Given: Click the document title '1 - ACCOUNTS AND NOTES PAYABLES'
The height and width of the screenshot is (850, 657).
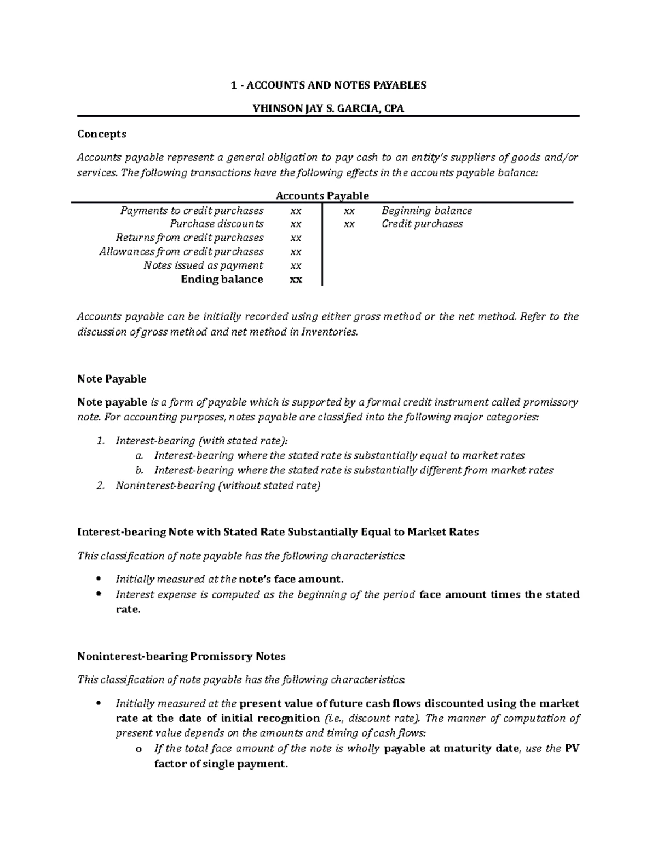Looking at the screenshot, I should coord(328,85).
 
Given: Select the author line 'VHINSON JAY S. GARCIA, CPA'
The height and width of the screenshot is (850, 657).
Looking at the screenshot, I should coord(328,108).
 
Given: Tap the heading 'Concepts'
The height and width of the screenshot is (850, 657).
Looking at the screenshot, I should coord(102,134).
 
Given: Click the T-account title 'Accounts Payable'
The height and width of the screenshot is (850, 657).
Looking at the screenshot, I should coord(322,195).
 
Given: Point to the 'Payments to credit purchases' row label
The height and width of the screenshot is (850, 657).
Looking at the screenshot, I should coord(192,211).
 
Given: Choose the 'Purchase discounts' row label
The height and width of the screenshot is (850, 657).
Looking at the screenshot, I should coord(216,224).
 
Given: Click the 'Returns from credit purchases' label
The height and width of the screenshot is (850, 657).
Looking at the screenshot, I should coord(189,238).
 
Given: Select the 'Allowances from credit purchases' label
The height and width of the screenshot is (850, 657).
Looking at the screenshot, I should coord(181,252).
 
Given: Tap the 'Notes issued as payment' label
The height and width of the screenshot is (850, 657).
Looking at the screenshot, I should coord(203,265).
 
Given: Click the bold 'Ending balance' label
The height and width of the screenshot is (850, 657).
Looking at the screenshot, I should coord(222,280).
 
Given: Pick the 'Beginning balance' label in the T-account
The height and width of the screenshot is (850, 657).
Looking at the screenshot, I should coord(427,211).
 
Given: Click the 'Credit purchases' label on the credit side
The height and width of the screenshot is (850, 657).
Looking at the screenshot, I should coord(422,224).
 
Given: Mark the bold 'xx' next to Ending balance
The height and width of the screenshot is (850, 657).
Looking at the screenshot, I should coord(296,280).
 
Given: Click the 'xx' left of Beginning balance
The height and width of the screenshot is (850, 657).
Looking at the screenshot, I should coord(349,211).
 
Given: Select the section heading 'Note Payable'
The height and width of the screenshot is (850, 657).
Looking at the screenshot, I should coord(112,379).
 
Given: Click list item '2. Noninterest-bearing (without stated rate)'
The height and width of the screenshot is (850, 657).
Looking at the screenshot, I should coord(217,485).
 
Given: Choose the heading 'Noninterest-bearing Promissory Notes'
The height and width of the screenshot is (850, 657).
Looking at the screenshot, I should coord(181,656).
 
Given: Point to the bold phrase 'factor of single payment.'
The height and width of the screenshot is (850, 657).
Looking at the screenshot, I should coord(221,764).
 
